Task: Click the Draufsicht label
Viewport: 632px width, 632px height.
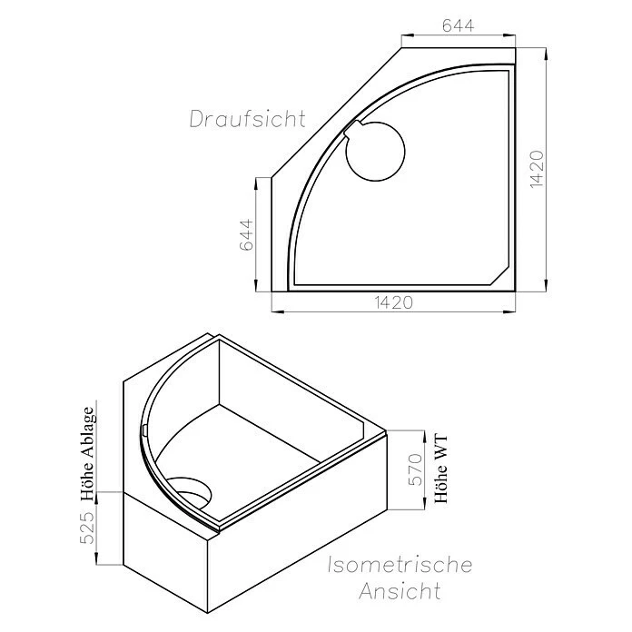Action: [x=247, y=119]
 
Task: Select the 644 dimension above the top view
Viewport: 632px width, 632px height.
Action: [x=458, y=26]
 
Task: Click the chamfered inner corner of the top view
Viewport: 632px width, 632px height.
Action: [x=502, y=274]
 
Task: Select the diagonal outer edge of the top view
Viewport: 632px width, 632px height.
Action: [x=336, y=112]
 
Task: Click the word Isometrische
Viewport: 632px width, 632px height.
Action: [x=400, y=565]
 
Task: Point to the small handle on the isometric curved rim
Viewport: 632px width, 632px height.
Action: [x=144, y=429]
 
